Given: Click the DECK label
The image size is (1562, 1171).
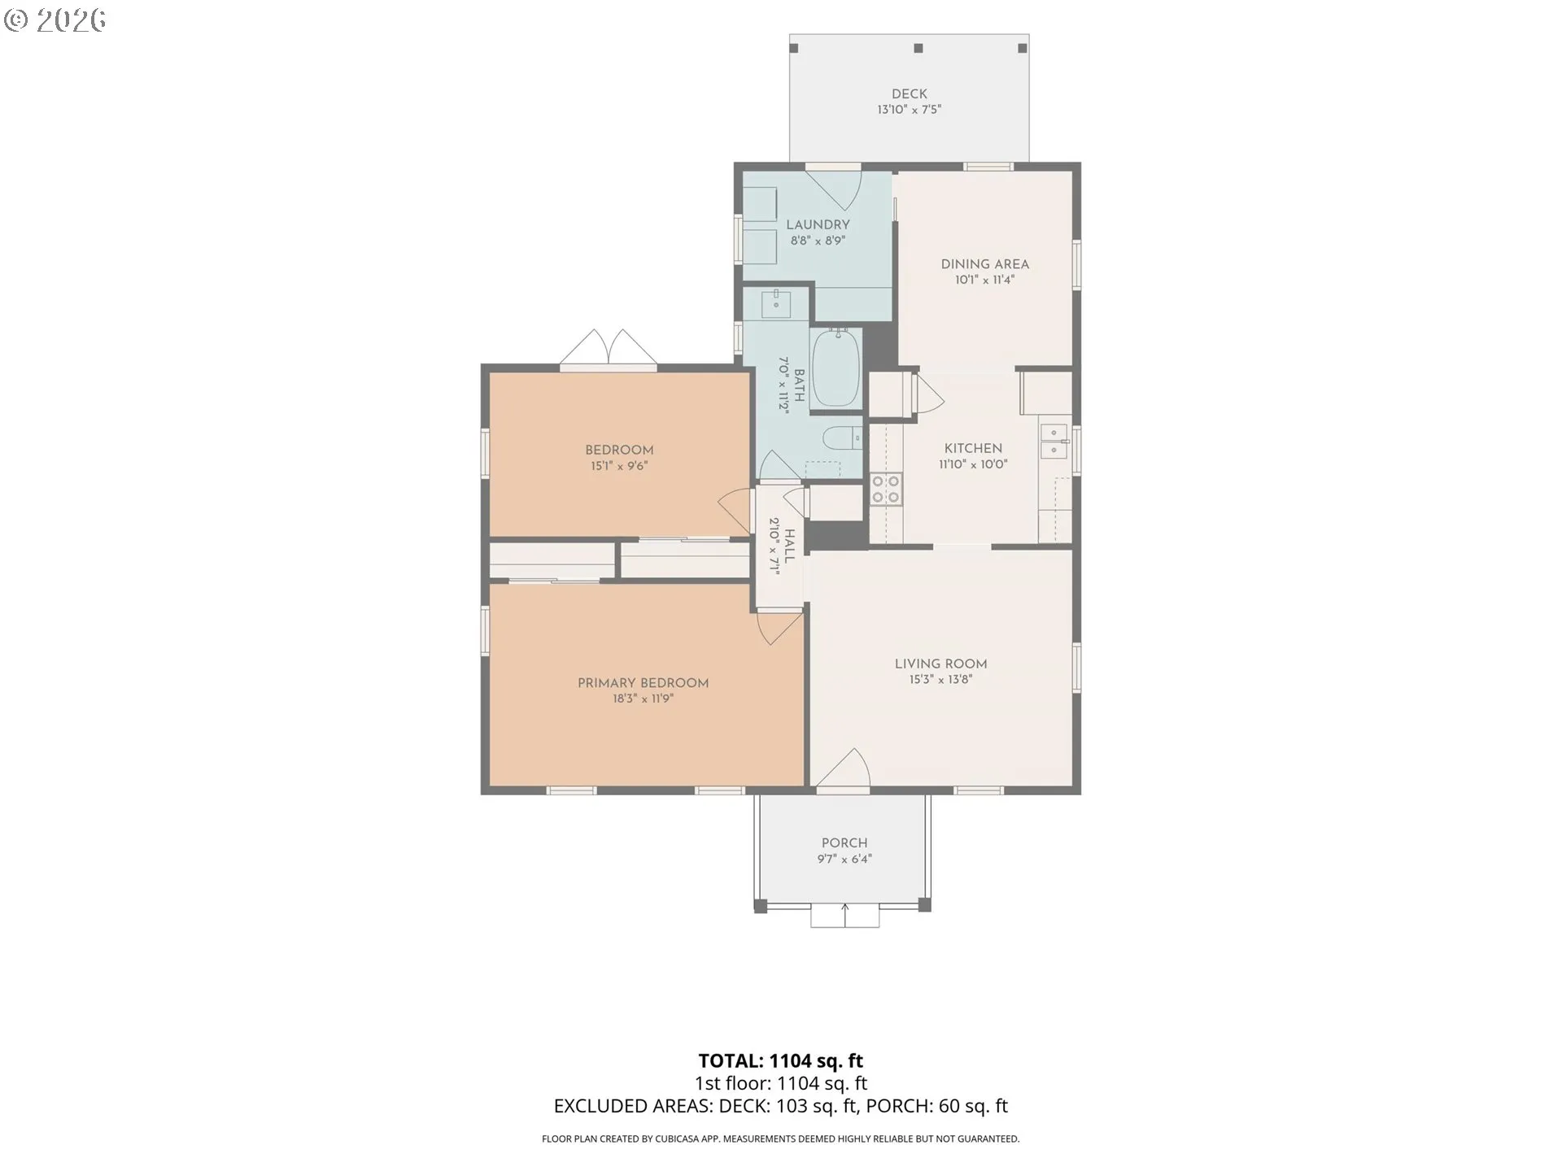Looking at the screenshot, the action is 909,94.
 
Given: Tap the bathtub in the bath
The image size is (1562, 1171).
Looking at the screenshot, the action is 836,368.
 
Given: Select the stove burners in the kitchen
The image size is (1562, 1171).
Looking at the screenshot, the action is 886,489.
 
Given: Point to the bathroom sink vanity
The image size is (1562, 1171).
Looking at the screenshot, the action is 776,303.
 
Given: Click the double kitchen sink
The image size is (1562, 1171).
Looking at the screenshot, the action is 1054,441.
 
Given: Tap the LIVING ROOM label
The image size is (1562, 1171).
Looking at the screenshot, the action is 941,664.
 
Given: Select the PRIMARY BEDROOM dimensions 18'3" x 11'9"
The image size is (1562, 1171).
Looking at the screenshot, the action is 644,699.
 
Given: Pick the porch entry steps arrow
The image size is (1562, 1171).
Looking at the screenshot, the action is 845,915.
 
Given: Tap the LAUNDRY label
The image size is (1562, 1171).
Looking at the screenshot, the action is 818,224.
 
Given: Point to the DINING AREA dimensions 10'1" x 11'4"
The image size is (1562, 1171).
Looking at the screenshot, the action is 984,280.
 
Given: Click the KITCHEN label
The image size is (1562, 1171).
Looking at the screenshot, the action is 973,448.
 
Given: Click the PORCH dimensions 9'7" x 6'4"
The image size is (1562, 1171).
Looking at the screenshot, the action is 844,859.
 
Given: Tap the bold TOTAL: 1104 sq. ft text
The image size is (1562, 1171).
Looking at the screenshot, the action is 781,1060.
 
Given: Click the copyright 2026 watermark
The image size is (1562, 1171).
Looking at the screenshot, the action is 55,20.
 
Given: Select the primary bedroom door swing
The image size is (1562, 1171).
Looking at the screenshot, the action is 780,627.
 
